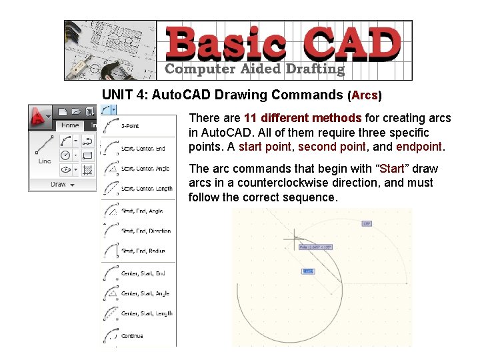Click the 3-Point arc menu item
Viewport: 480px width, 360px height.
(x=130, y=126)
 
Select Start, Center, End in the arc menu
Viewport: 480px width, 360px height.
(x=143, y=149)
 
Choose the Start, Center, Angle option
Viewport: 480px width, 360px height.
(x=145, y=169)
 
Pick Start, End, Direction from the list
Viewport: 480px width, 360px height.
(x=145, y=231)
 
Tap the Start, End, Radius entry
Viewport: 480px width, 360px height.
(x=143, y=251)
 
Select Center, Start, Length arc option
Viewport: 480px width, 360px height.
(x=146, y=313)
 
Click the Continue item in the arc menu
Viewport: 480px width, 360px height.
(x=132, y=336)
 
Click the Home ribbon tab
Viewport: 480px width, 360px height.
(x=70, y=125)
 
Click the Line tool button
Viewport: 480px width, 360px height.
(x=45, y=150)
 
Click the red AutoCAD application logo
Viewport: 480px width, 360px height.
(x=40, y=117)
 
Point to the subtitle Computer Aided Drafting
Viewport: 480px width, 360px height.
(x=255, y=69)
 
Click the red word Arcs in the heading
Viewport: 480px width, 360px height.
(x=364, y=95)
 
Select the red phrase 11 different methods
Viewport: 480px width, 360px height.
(x=303, y=118)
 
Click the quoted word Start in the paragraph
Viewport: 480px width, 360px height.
(x=391, y=168)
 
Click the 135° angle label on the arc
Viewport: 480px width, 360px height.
(x=366, y=223)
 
